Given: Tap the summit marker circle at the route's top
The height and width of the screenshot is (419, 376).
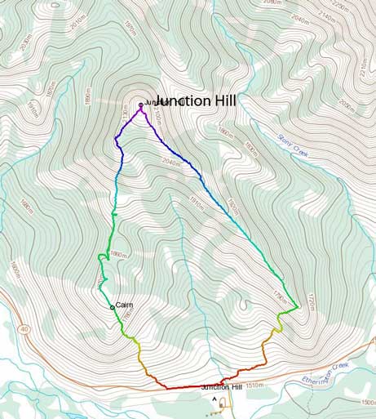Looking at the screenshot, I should (141, 105).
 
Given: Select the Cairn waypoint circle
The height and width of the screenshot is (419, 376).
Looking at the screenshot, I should (113, 307).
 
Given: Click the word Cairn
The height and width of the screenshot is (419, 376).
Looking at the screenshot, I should (124, 305).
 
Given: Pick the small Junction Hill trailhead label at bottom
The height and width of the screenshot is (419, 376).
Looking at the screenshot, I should (222, 387).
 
